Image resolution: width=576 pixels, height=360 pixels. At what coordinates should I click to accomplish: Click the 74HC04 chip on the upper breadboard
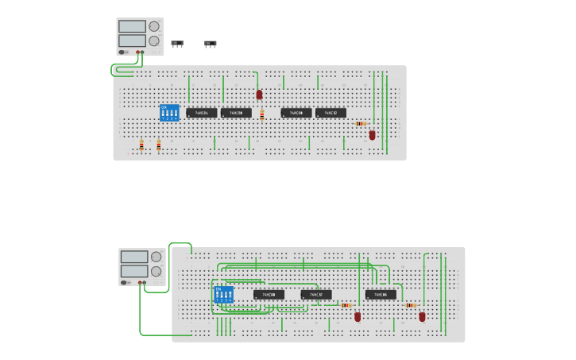pyautogui.click(x=202, y=113)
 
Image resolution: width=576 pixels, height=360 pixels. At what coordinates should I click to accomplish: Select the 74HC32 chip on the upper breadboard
pyautogui.click(x=331, y=113)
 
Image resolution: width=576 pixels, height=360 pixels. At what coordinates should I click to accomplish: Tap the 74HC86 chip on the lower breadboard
pyautogui.click(x=381, y=295)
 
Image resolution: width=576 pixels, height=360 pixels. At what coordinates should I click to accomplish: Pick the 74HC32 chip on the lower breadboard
pyautogui.click(x=315, y=295)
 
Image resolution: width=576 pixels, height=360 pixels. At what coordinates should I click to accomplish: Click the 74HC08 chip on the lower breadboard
pyautogui.click(x=269, y=295)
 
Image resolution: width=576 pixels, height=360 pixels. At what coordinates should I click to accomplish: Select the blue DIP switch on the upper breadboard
pyautogui.click(x=169, y=113)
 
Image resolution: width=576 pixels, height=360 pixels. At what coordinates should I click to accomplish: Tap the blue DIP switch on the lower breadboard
pyautogui.click(x=224, y=295)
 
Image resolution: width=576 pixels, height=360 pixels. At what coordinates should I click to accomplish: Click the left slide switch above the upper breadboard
pyautogui.click(x=177, y=43)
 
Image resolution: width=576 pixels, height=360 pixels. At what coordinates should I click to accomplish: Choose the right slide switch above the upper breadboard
pyautogui.click(x=211, y=43)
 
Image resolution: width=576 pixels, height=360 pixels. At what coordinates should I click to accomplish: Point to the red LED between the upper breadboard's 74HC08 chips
pyautogui.click(x=259, y=95)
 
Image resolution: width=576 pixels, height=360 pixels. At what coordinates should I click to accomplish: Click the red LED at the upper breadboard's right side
pyautogui.click(x=372, y=135)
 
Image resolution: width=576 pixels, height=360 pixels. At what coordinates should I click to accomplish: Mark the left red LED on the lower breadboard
pyautogui.click(x=358, y=316)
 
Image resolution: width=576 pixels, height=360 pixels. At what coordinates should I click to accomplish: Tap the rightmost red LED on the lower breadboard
pyautogui.click(x=422, y=316)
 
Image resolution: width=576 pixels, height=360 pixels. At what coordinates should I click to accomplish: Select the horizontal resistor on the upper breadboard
pyautogui.click(x=361, y=123)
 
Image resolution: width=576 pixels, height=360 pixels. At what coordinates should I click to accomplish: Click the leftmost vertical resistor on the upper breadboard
pyautogui.click(x=141, y=145)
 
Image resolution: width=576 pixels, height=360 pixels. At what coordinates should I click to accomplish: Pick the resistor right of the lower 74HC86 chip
pyautogui.click(x=410, y=305)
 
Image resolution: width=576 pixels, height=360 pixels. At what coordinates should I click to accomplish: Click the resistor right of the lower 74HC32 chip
pyautogui.click(x=346, y=305)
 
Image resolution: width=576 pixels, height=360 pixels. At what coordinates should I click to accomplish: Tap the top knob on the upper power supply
pyautogui.click(x=153, y=26)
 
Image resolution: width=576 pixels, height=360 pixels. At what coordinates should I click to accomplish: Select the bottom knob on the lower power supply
pyautogui.click(x=156, y=271)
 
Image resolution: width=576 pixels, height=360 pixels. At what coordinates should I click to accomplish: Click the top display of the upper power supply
pyautogui.click(x=132, y=26)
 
